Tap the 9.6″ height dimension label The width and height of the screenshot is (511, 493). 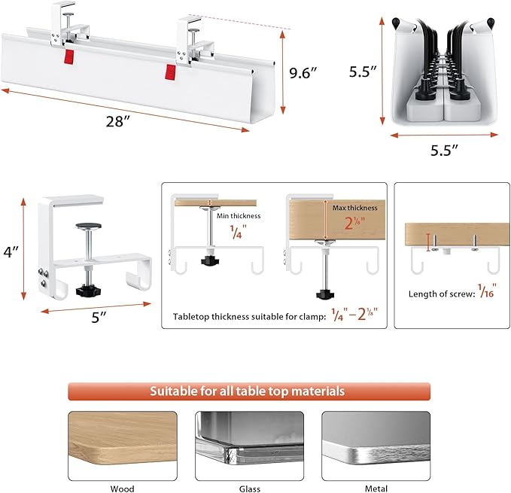click(x=306, y=73)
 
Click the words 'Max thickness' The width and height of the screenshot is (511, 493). click(x=355, y=207)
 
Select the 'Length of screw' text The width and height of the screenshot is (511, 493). click(x=439, y=294)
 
